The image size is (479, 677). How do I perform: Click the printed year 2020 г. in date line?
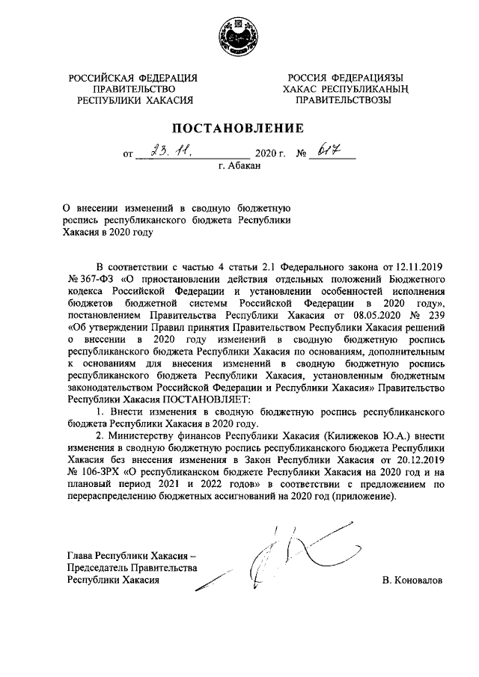pyautogui.click(x=271, y=155)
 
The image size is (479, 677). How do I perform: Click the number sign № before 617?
pyautogui.click(x=302, y=155)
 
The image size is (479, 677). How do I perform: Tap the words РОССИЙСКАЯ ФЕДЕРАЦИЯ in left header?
pyautogui.click(x=134, y=78)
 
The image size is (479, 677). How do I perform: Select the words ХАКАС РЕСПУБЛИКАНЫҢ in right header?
pyautogui.click(x=345, y=89)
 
